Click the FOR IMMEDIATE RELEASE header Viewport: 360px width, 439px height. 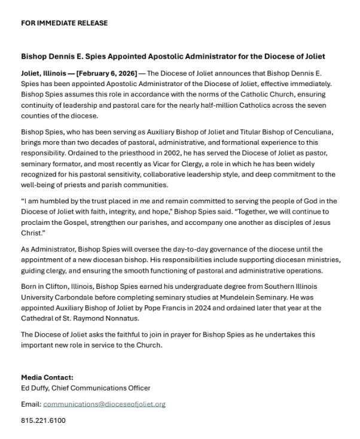coord(65,23)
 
